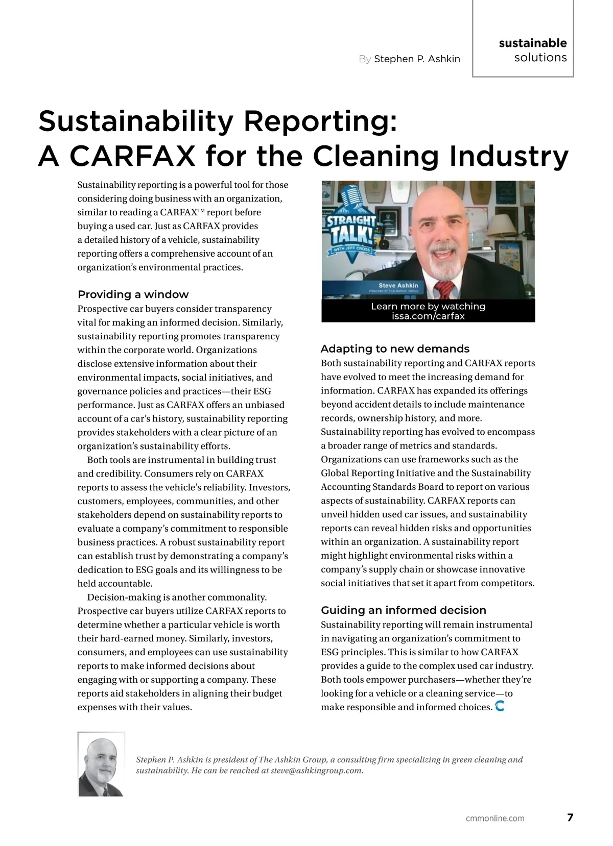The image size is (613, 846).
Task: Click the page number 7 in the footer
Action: coord(570,817)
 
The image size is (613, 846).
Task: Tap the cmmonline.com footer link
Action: coord(495,818)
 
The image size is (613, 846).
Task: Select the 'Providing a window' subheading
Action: coord(133,294)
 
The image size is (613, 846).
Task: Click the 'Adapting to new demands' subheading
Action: coord(395,349)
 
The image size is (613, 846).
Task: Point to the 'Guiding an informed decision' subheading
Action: coord(403,610)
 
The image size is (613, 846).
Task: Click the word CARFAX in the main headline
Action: coord(132,156)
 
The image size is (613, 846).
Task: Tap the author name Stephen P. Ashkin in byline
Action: coord(417,59)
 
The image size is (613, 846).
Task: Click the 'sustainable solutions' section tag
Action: coord(533,50)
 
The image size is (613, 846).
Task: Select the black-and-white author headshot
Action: coord(101,764)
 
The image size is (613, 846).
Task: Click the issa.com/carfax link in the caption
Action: coord(428,316)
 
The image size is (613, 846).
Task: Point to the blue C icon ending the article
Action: coord(500,706)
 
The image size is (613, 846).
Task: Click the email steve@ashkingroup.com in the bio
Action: coord(317,770)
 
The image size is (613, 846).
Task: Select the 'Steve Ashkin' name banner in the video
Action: coord(398,287)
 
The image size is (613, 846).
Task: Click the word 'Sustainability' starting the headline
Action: coord(136,121)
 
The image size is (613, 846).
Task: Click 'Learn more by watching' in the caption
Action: coord(428,306)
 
